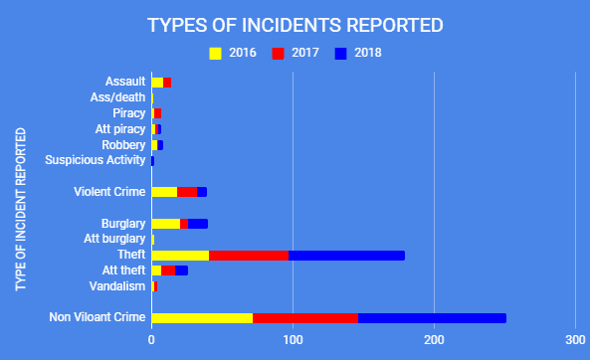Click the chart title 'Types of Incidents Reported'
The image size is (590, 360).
[295, 24]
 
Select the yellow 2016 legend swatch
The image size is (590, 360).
[215, 53]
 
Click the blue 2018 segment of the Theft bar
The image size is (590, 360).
[346, 256]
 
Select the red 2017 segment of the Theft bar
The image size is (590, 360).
[249, 256]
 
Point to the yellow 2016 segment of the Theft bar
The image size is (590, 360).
[180, 256]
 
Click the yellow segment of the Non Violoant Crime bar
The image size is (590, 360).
[202, 318]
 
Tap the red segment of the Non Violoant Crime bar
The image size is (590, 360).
[305, 318]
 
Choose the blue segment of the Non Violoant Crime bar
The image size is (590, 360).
[432, 318]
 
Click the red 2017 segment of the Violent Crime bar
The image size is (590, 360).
[187, 192]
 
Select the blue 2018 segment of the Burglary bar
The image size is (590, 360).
[198, 224]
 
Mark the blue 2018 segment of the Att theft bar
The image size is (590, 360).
[181, 270]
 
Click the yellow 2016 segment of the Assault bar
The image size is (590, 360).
[157, 82]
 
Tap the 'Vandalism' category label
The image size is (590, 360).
[118, 286]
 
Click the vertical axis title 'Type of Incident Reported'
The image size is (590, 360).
[22, 207]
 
